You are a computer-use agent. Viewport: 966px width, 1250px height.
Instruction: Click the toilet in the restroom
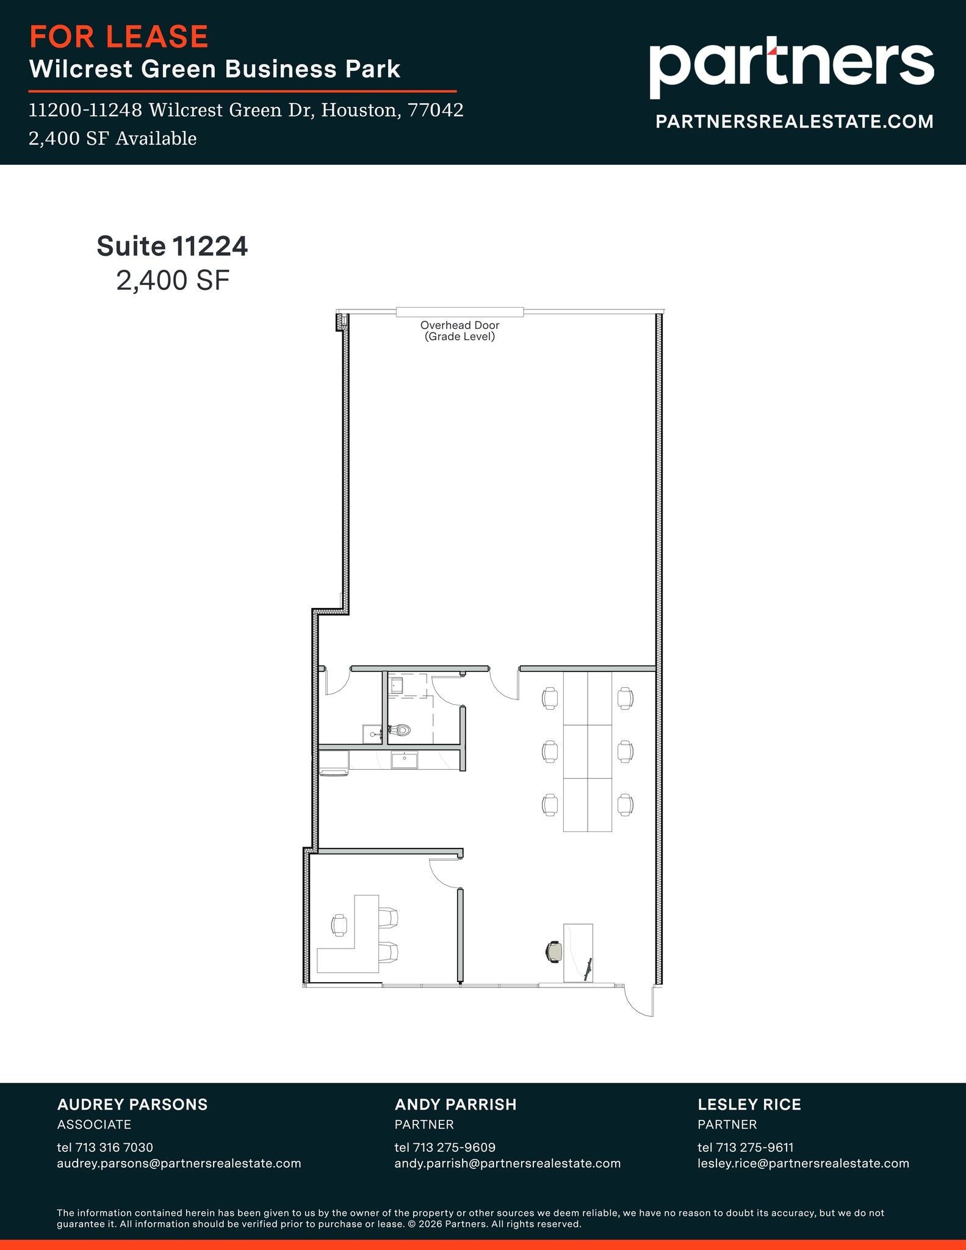pos(402,729)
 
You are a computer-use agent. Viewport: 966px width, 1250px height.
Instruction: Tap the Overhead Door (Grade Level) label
pos(460,331)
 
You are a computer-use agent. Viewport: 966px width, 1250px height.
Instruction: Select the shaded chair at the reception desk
pos(554,952)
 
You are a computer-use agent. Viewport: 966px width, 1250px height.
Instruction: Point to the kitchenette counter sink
pos(404,760)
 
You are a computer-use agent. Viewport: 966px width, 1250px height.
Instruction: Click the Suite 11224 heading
pos(172,246)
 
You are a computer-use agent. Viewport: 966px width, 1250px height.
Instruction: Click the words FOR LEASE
pos(119,37)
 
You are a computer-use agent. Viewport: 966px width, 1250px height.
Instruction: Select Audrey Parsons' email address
pos(179,1163)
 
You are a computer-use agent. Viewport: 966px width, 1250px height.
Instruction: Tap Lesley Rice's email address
pos(803,1163)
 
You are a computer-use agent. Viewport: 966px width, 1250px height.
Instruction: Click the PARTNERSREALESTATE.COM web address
pos(794,121)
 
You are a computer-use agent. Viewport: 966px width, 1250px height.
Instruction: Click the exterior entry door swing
pos(638,1001)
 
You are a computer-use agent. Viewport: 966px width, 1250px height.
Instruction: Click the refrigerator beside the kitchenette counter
pos(334,763)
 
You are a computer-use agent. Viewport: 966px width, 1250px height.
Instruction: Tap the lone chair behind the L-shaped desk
pos(339,925)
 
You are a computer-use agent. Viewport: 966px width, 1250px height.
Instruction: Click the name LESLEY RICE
pos(749,1104)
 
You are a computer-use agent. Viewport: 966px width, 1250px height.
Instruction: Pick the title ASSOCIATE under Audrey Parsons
pos(94,1124)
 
